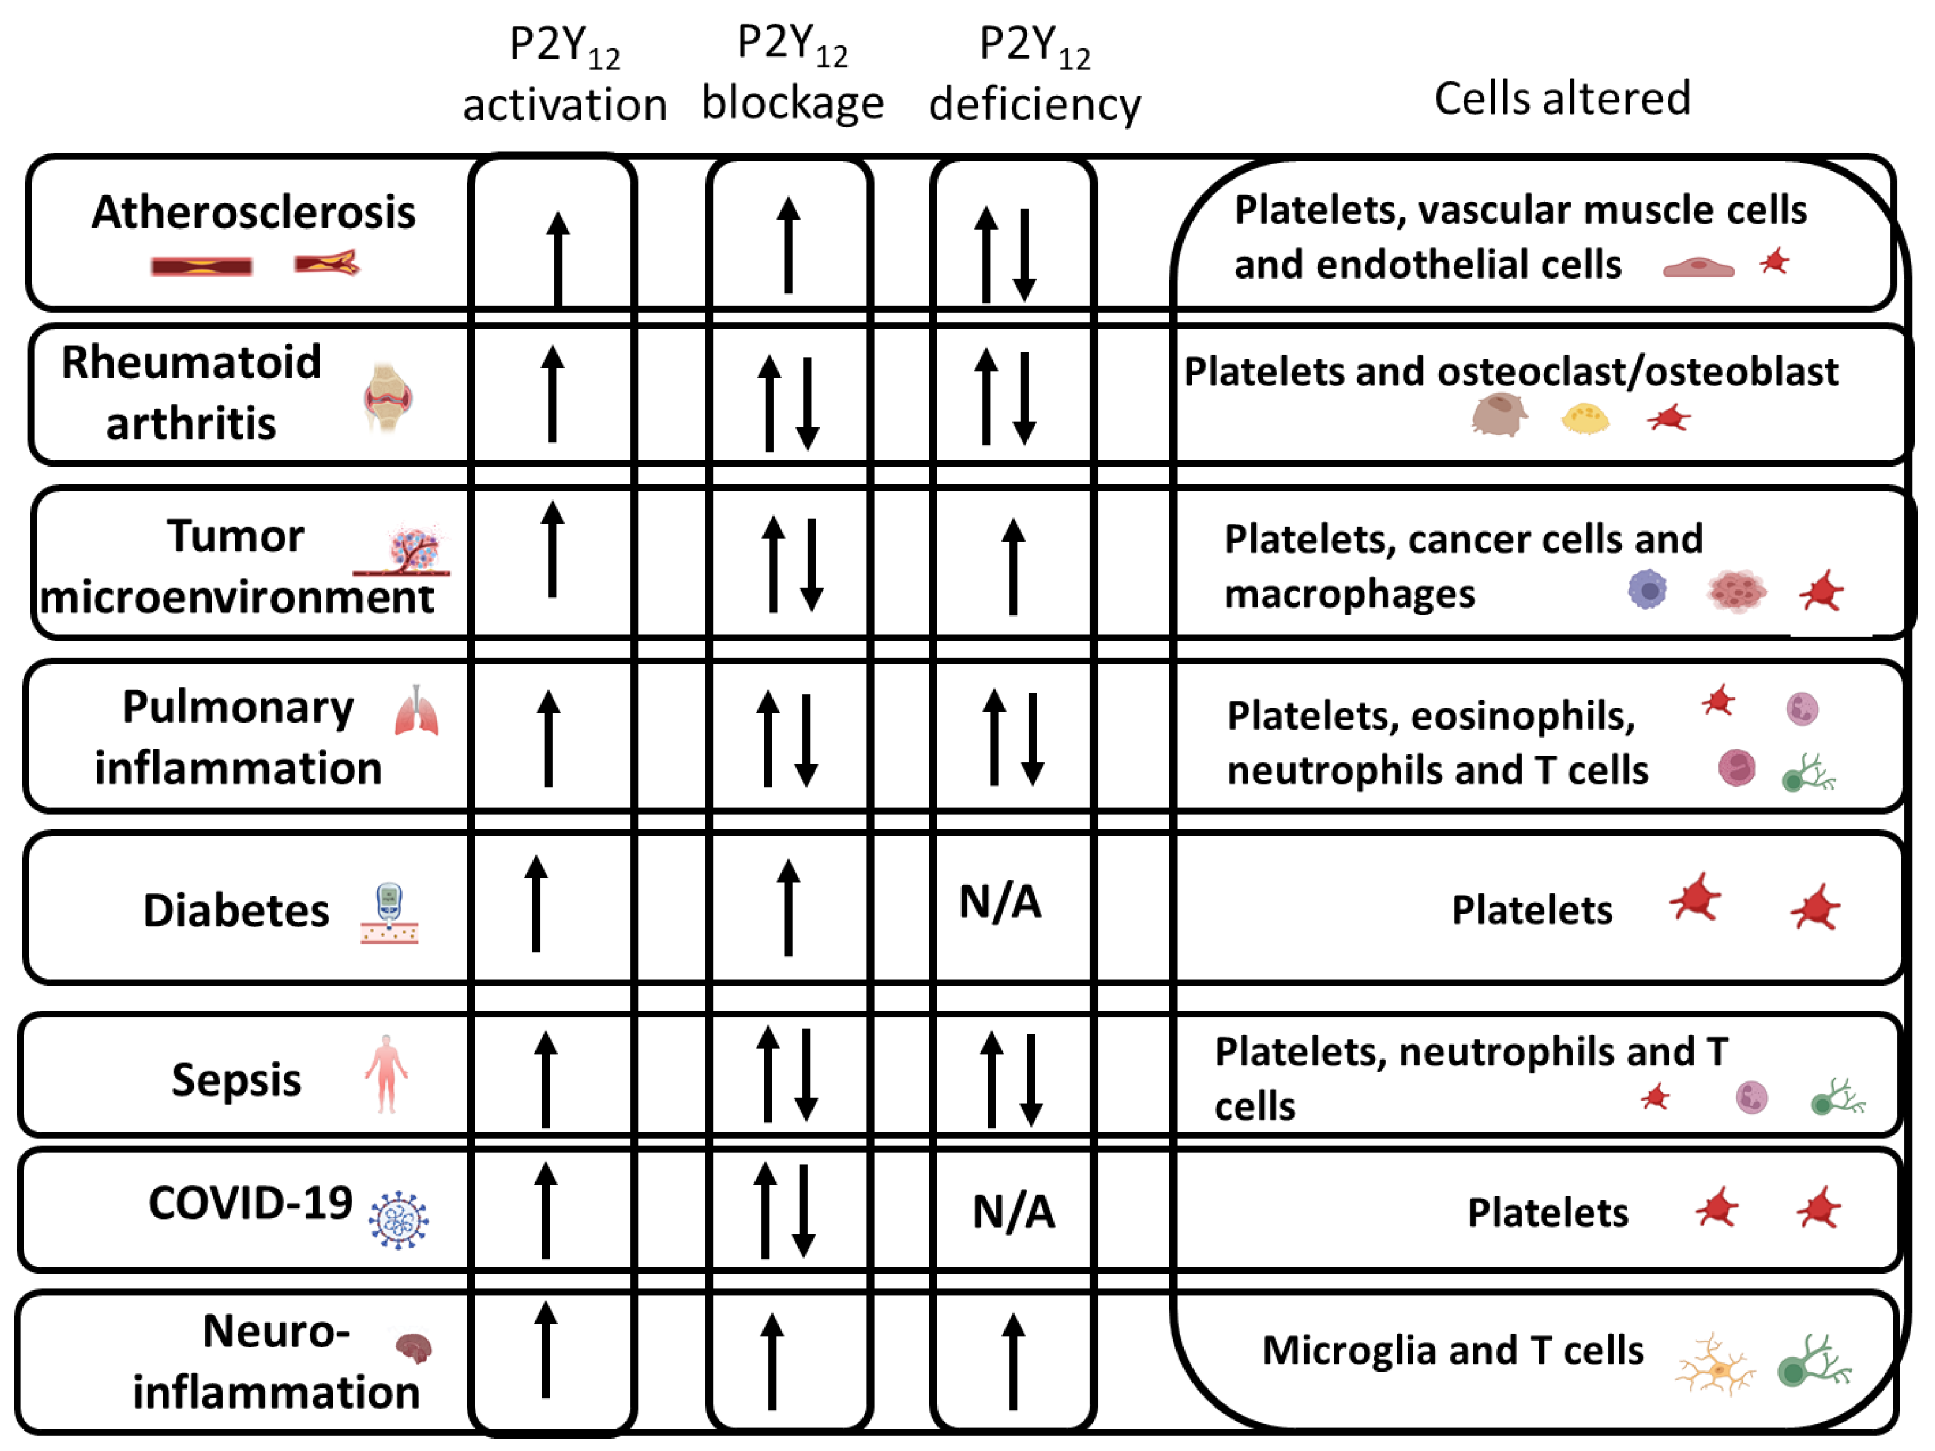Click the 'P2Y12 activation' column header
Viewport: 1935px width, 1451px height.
[x=564, y=74]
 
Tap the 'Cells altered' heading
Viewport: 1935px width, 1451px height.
[x=1562, y=98]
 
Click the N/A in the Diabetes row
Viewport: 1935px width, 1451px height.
[x=1000, y=903]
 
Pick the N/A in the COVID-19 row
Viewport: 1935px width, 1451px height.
[x=1014, y=1212]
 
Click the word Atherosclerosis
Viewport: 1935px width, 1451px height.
[x=254, y=213]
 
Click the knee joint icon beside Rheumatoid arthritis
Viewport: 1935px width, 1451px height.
[x=388, y=398]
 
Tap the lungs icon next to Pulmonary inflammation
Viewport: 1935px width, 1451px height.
[x=416, y=711]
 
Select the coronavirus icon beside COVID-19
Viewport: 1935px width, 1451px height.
[x=399, y=1220]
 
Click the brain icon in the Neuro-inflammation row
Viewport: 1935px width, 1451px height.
[x=413, y=1348]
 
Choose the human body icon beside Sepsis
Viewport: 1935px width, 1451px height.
[x=386, y=1074]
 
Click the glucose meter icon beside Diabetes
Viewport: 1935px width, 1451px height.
[x=389, y=914]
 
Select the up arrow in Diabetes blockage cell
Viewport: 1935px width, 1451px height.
[x=788, y=908]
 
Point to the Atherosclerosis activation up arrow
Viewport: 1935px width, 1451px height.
[x=557, y=259]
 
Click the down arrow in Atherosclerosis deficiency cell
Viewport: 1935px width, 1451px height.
[x=1024, y=254]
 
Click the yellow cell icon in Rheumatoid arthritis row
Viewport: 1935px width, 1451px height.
[x=1585, y=418]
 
